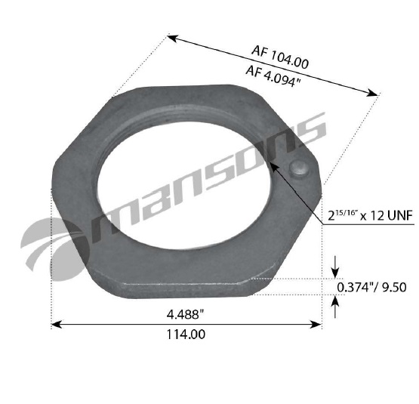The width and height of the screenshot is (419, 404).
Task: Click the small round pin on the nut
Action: point(297,170)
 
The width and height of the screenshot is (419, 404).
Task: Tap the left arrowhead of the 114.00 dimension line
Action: point(55,325)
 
